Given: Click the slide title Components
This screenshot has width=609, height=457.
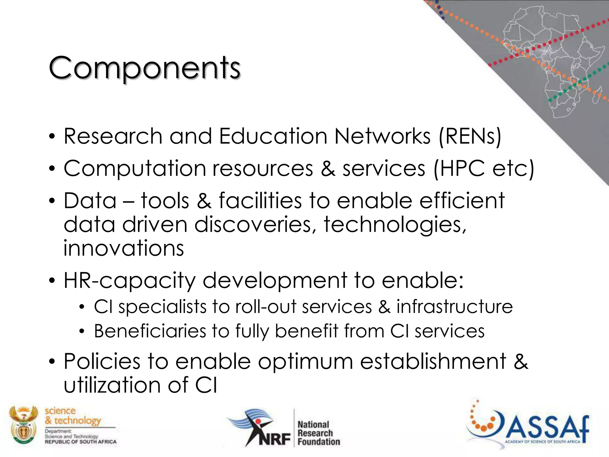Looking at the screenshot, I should click(145, 68).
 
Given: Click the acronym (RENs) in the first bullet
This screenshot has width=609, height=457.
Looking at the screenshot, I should click(470, 136).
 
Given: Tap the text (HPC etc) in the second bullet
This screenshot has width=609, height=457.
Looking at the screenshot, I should click(484, 169).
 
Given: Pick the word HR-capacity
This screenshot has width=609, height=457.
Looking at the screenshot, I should click(130, 280).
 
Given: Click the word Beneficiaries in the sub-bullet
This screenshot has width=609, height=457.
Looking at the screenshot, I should click(150, 331).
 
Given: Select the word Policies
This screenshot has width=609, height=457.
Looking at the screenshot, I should click(102, 361).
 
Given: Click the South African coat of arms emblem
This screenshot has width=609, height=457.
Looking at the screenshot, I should click(23, 425).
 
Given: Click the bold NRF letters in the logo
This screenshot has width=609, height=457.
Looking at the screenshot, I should click(274, 439).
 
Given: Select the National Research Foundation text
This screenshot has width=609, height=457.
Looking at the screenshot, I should click(318, 433).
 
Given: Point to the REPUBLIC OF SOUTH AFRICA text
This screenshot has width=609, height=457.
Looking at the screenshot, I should click(81, 442).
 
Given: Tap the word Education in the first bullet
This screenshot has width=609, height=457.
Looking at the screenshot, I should click(273, 136).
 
